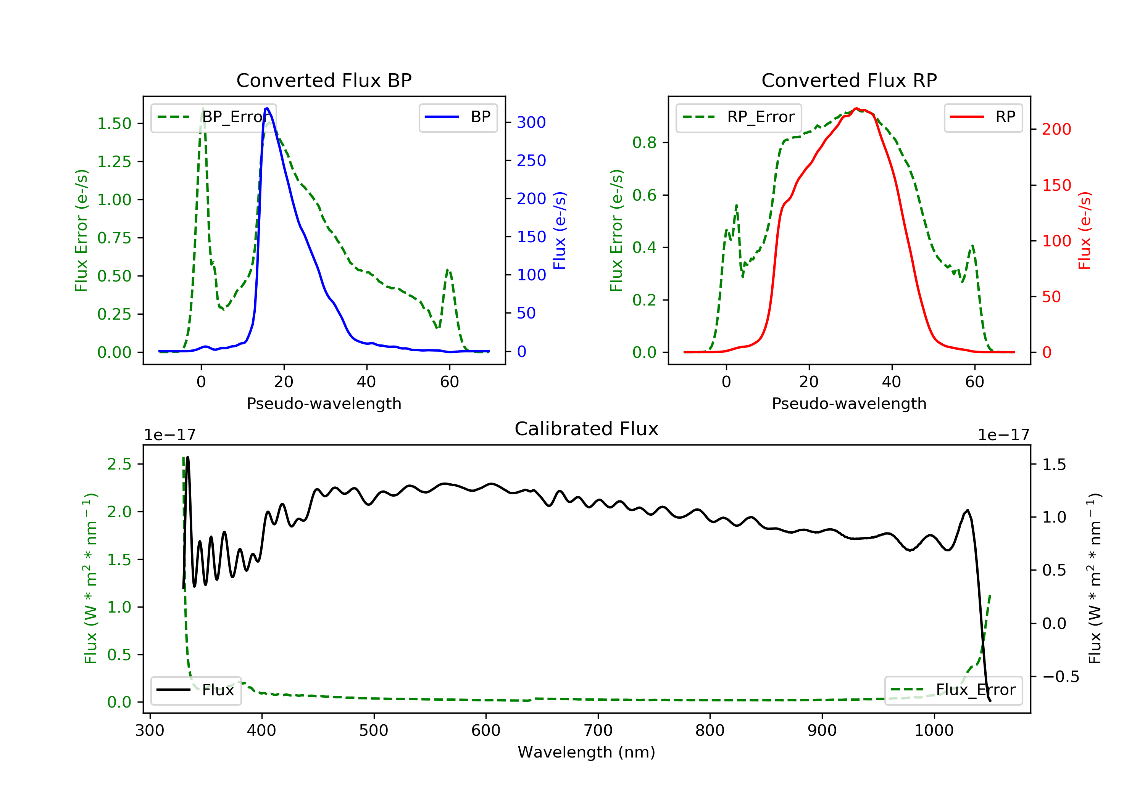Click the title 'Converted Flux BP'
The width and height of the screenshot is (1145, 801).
[x=324, y=80]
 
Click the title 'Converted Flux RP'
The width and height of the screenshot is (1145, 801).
[x=849, y=80]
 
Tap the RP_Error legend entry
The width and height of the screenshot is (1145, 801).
[x=739, y=117]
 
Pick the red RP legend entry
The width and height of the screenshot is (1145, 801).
[x=983, y=117]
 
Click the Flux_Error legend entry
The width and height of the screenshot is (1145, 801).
[x=953, y=690]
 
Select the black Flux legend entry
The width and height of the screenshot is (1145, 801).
[x=196, y=690]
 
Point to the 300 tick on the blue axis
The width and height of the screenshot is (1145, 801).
[x=531, y=122]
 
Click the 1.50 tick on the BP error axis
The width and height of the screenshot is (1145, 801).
[x=114, y=124]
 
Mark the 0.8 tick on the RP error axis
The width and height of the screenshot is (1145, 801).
[x=644, y=143]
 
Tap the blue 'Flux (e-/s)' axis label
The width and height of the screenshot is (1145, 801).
[x=560, y=230]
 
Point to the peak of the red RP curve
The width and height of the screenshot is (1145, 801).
[x=856, y=108]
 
